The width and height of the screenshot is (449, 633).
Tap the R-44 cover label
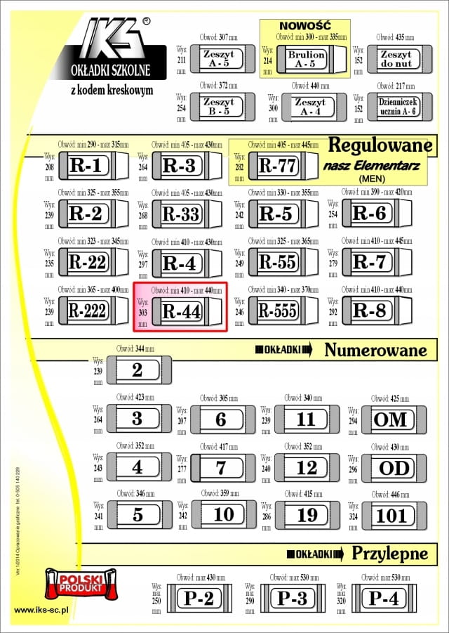(182, 311)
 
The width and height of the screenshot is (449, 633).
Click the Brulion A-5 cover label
(307, 58)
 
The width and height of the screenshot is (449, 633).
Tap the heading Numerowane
(375, 350)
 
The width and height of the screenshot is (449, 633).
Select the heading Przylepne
(389, 553)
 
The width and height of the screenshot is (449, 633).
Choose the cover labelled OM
(390, 419)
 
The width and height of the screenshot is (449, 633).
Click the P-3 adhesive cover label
(292, 599)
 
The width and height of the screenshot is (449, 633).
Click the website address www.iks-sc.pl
(41, 611)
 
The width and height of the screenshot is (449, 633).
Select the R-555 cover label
(277, 311)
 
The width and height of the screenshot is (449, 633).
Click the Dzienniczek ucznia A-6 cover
(396, 107)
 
